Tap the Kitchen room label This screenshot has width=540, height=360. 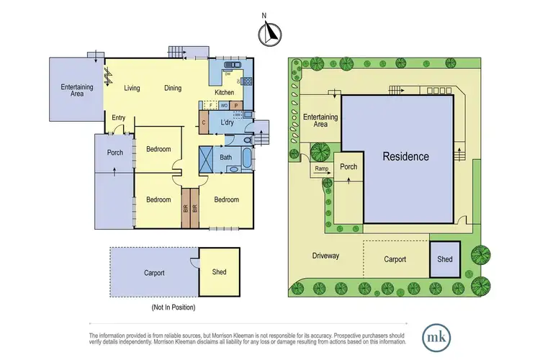[224, 93]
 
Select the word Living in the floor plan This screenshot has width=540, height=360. [132, 89]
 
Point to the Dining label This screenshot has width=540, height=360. [173, 89]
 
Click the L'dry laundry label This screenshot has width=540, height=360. [228, 123]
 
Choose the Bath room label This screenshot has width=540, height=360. [225, 157]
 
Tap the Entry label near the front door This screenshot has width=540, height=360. [118, 117]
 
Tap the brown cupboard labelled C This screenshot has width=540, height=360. [204, 123]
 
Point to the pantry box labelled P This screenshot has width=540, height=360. [235, 105]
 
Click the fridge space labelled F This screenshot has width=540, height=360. [210, 105]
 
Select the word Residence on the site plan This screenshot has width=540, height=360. [405, 156]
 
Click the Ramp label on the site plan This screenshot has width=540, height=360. [322, 170]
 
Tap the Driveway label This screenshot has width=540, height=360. [325, 256]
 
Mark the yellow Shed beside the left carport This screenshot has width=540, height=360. [219, 272]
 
